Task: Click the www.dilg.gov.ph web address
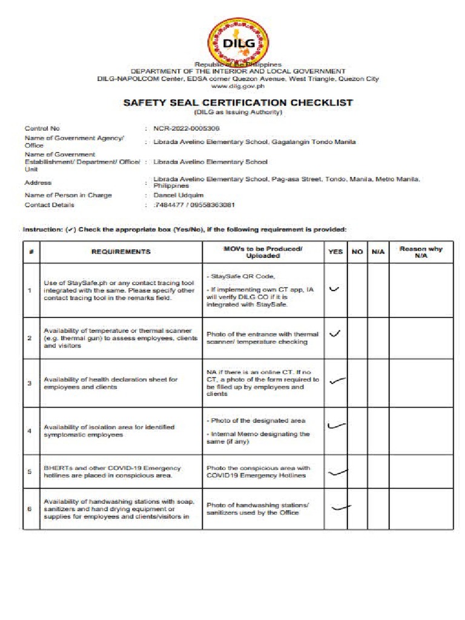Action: [238, 86]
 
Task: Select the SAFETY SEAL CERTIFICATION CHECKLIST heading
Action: [238, 103]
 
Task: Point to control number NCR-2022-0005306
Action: [186, 128]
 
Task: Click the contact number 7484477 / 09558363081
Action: [194, 205]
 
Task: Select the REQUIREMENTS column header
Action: [121, 251]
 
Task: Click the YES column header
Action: [335, 251]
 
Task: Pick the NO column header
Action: [357, 251]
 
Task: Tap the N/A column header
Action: [378, 251]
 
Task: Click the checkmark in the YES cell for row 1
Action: [334, 289]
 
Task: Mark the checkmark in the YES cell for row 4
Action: [336, 426]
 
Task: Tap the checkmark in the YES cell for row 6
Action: [341, 507]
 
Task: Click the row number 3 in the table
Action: [29, 383]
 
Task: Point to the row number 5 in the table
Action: [29, 472]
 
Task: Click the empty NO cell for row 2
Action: [357, 338]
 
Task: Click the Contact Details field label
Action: [49, 205]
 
